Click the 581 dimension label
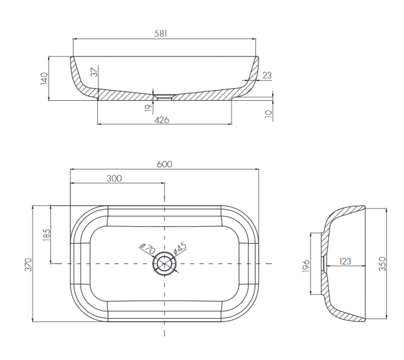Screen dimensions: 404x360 pyautogui.click(x=161, y=34)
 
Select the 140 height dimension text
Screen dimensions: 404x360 pyautogui.click(x=44, y=79)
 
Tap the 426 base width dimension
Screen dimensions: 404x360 pyautogui.click(x=162, y=120)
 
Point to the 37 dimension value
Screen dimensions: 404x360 pyautogui.click(x=95, y=72)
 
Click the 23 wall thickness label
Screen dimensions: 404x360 pyautogui.click(x=267, y=76)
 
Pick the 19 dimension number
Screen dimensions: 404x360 pyautogui.click(x=148, y=108)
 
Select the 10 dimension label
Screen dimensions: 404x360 pyautogui.click(x=269, y=114)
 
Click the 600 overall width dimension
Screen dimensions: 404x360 pyautogui.click(x=164, y=164)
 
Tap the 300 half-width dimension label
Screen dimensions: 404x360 pyautogui.click(x=114, y=178)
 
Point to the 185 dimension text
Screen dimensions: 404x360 pyautogui.click(x=47, y=235)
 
